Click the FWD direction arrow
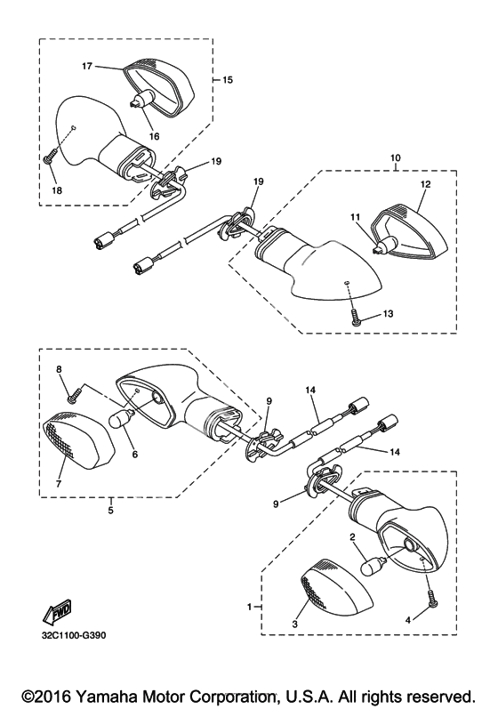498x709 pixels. (x=56, y=612)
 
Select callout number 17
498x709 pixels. (x=87, y=66)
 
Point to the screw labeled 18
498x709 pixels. (x=50, y=157)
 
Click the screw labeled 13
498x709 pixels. (x=355, y=318)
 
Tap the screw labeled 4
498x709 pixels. (x=430, y=599)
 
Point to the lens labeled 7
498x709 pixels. (x=78, y=439)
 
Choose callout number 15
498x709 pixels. (x=228, y=80)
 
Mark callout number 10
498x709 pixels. (x=396, y=157)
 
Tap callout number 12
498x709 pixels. (x=426, y=184)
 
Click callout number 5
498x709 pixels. (x=110, y=511)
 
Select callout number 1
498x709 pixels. (x=249, y=608)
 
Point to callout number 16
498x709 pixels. (x=155, y=136)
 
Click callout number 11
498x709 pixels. (x=355, y=217)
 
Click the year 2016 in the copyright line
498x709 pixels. (x=53, y=696)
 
